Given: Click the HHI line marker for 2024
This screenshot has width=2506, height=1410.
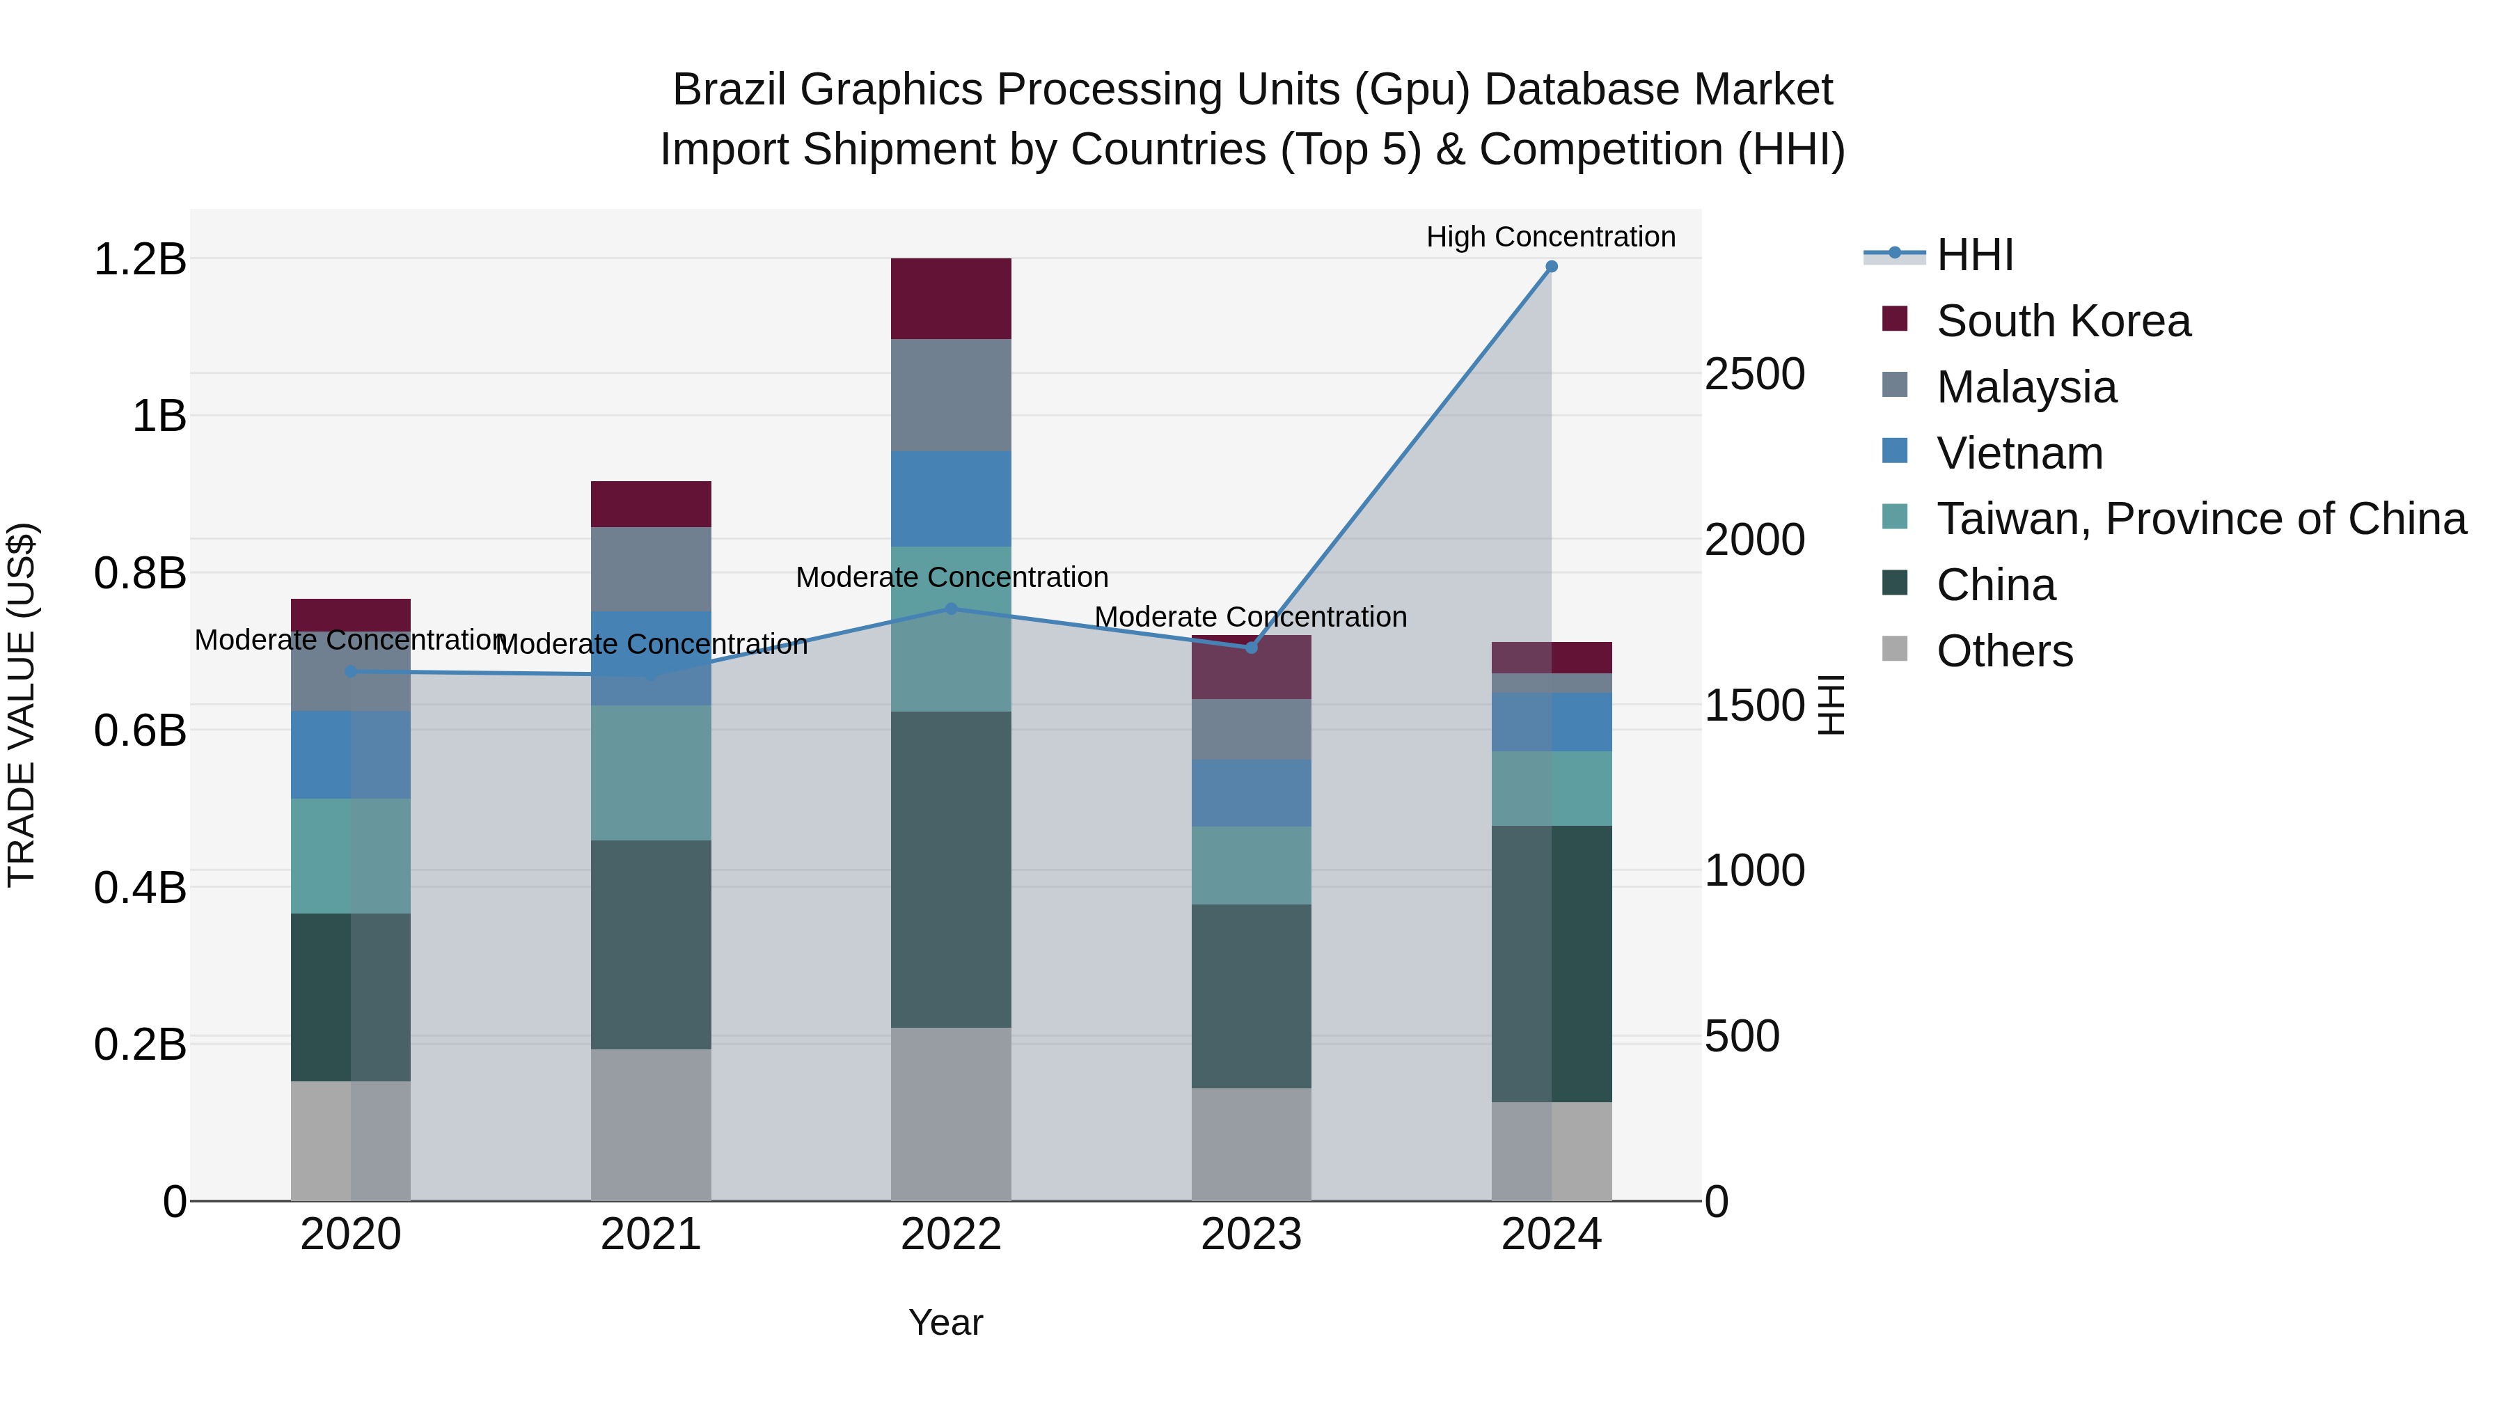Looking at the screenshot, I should coord(1552,267).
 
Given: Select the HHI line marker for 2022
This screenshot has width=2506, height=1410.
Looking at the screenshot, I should coord(952,609).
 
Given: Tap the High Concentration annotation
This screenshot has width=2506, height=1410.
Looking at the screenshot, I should coord(1551,237).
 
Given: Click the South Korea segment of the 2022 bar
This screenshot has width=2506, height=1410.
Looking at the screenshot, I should coord(952,299).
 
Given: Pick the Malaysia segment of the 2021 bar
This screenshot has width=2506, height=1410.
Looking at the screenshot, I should coord(651,570).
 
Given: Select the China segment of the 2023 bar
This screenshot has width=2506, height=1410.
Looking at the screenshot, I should coord(1251,996).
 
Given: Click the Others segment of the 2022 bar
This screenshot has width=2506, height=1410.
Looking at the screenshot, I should coord(952,1114).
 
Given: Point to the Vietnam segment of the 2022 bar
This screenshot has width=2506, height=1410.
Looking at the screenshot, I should coord(952,499).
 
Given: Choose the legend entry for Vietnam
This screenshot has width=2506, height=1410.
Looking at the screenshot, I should coord(2019,453).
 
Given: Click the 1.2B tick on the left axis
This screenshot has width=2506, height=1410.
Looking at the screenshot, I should coord(140,260).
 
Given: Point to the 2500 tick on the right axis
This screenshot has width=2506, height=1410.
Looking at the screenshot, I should coord(1754,375).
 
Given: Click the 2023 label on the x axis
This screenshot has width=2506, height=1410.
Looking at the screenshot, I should coord(1251,1235).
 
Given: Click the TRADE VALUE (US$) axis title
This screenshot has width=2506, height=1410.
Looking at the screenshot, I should coord(22,705).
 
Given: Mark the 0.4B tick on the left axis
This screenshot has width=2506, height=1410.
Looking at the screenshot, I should coord(140,888).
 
